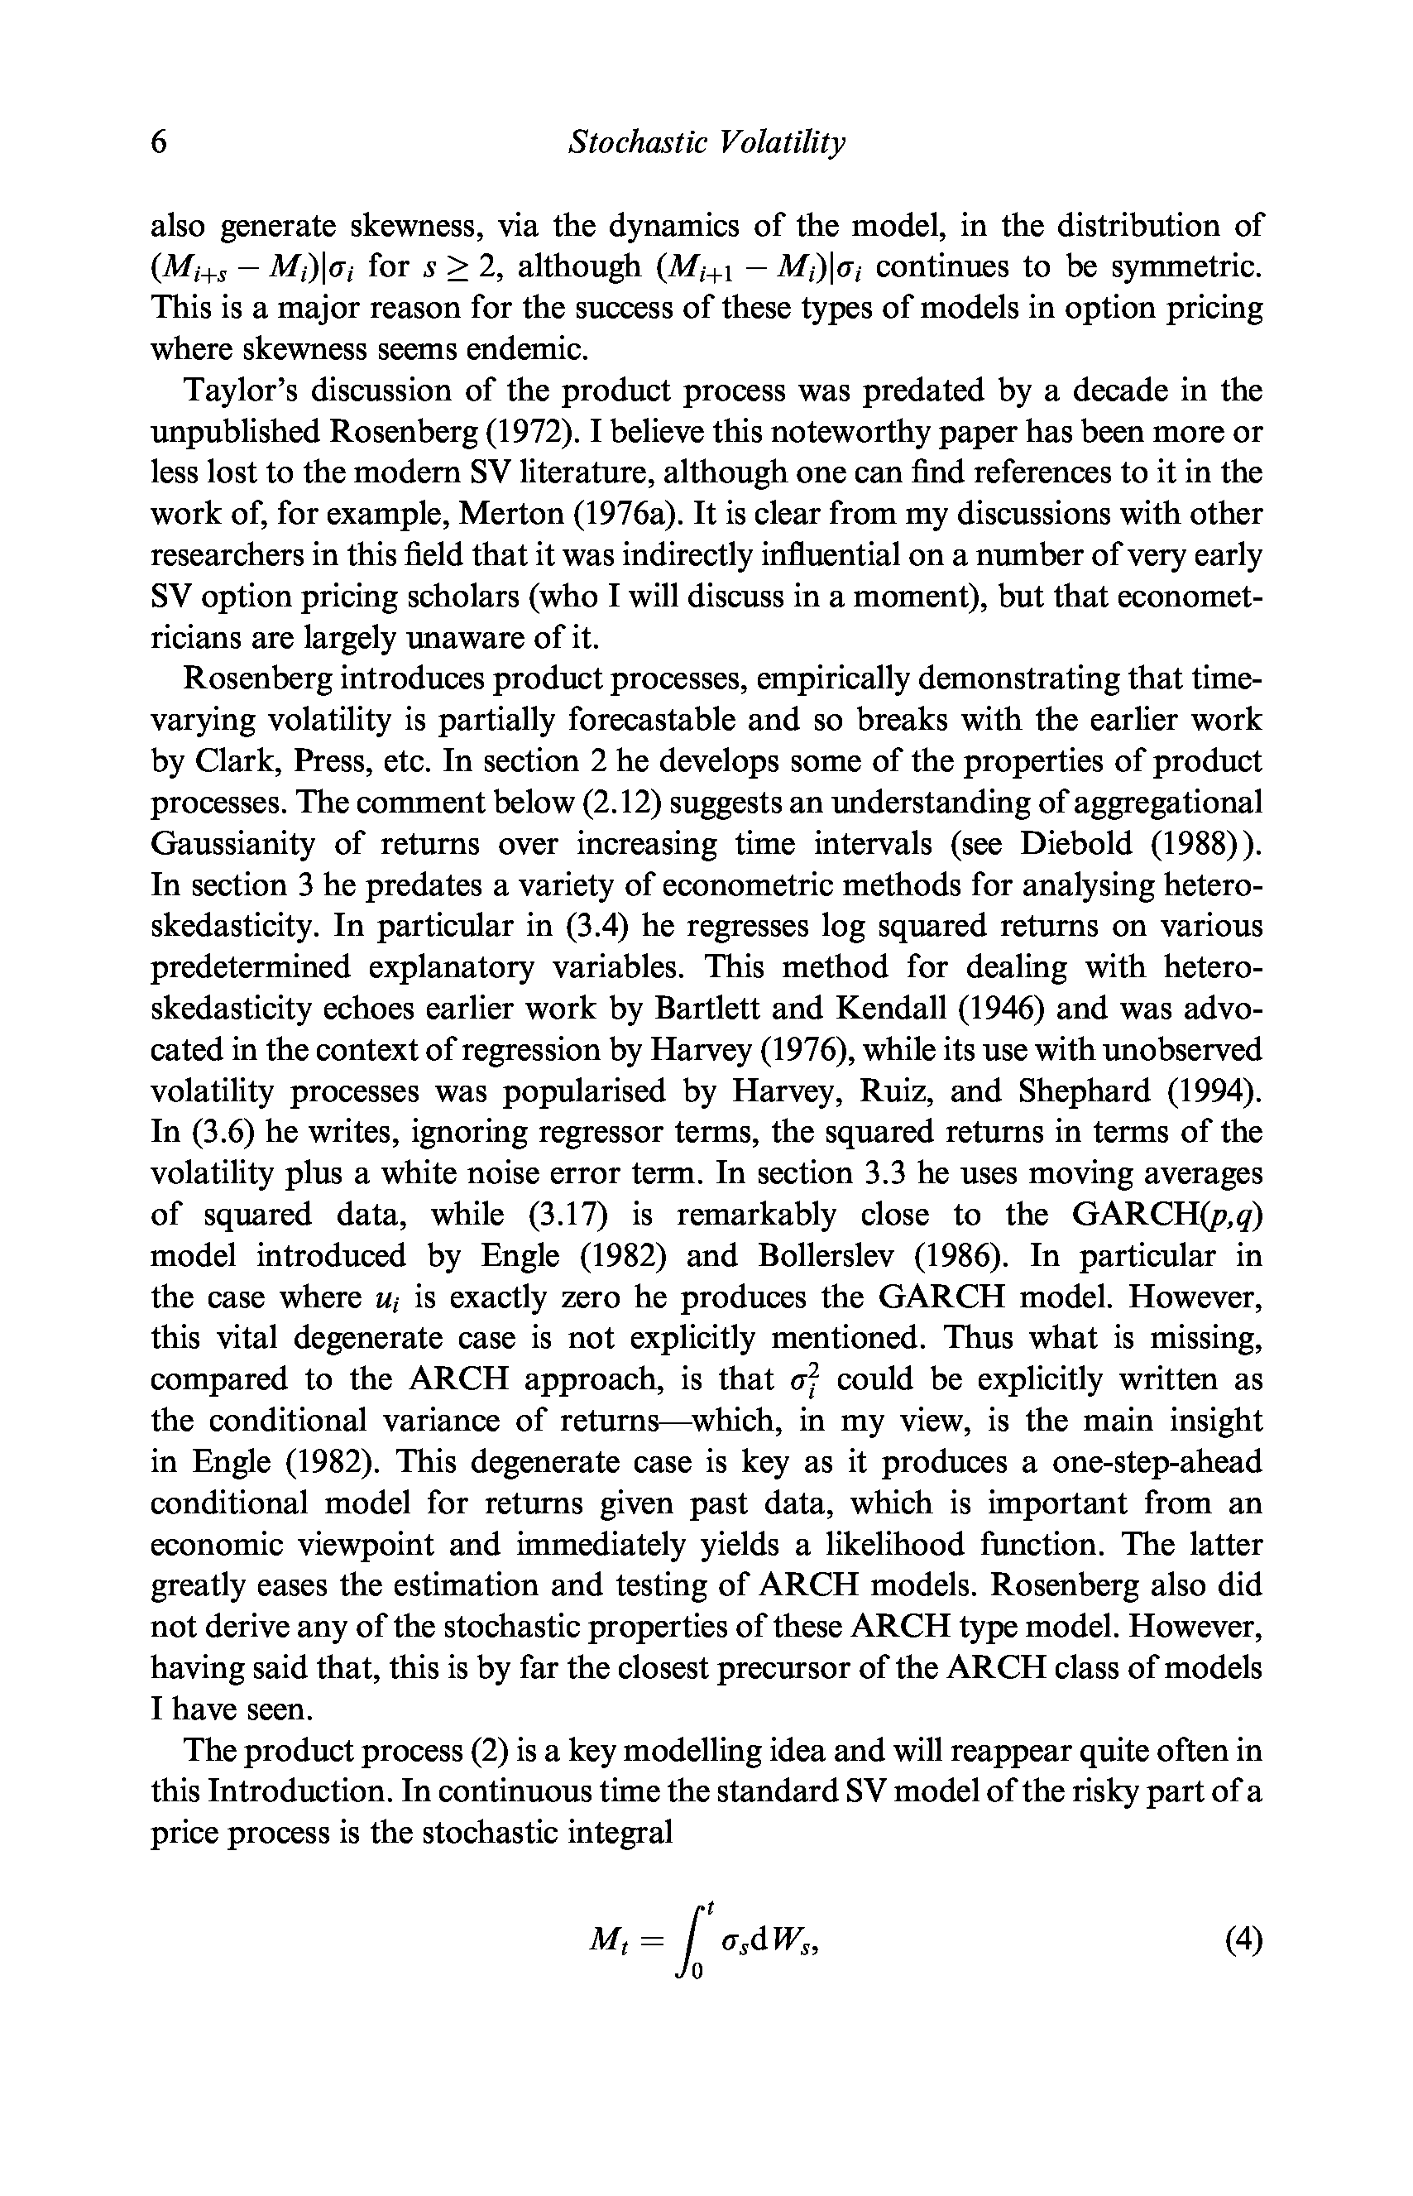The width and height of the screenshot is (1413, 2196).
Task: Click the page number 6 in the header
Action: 160,143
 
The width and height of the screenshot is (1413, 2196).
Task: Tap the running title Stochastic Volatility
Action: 706,143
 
